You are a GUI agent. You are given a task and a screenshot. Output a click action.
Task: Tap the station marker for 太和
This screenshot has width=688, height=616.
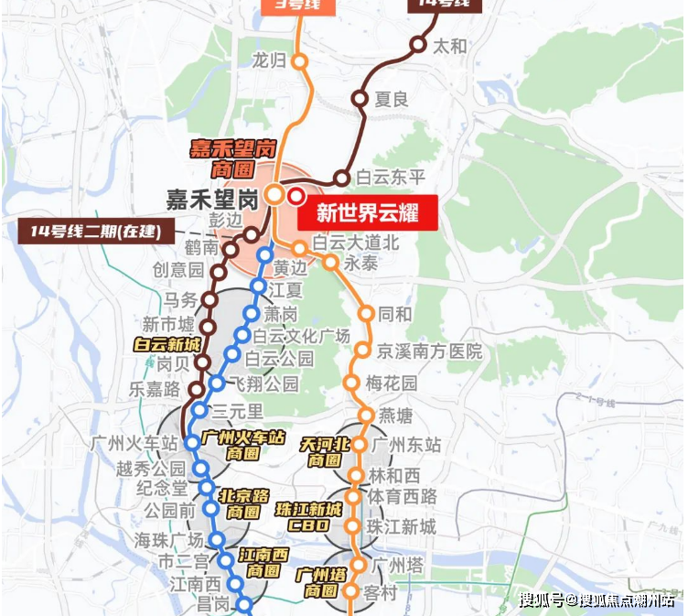[x=418, y=44]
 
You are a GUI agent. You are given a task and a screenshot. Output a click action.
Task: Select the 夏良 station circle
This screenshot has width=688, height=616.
[x=360, y=99]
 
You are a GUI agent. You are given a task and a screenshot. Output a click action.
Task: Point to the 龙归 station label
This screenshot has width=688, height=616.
[x=269, y=60]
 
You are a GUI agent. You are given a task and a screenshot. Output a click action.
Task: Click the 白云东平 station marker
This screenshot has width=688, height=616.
[x=342, y=178]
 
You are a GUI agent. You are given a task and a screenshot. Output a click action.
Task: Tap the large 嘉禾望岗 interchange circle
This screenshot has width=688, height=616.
[x=274, y=195]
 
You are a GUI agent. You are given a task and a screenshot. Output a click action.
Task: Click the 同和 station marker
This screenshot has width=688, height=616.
[x=366, y=314]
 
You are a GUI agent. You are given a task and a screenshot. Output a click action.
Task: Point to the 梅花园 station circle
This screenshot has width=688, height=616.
[x=351, y=383]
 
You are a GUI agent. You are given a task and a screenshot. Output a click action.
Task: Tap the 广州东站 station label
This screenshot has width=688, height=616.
[x=407, y=445]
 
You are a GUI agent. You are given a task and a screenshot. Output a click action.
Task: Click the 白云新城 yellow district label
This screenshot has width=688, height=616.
[x=167, y=345]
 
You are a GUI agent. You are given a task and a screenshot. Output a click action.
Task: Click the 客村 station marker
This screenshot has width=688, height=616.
[x=350, y=591]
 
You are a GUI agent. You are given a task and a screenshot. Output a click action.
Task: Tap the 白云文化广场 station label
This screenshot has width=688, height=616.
[x=302, y=336]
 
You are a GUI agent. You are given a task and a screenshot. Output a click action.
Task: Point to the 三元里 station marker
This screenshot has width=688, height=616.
[x=199, y=410]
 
